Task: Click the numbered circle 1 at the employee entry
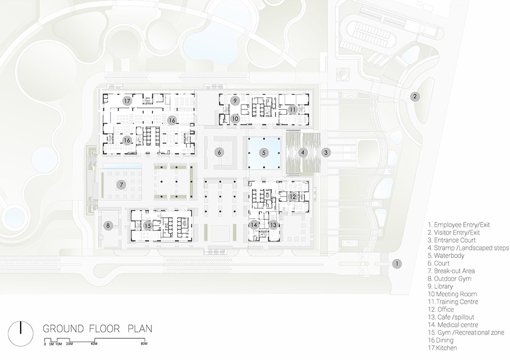point(396,264)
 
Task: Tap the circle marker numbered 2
point(415,97)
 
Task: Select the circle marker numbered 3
point(326,152)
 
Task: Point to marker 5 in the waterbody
point(264,152)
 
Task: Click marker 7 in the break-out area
point(121,185)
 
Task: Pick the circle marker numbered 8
point(108,225)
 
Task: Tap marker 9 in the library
point(235,100)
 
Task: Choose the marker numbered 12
point(293,196)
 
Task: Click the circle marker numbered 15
point(148,226)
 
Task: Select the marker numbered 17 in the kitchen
point(127,101)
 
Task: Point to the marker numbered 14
point(254,225)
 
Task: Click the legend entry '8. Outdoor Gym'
point(449,279)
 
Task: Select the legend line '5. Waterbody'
point(446,255)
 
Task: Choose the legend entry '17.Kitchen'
point(443,348)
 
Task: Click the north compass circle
point(21,333)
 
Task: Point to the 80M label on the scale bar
point(144,344)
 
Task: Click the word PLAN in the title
point(140,329)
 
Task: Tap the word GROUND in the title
point(63,329)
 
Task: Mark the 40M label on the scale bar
point(94,344)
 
